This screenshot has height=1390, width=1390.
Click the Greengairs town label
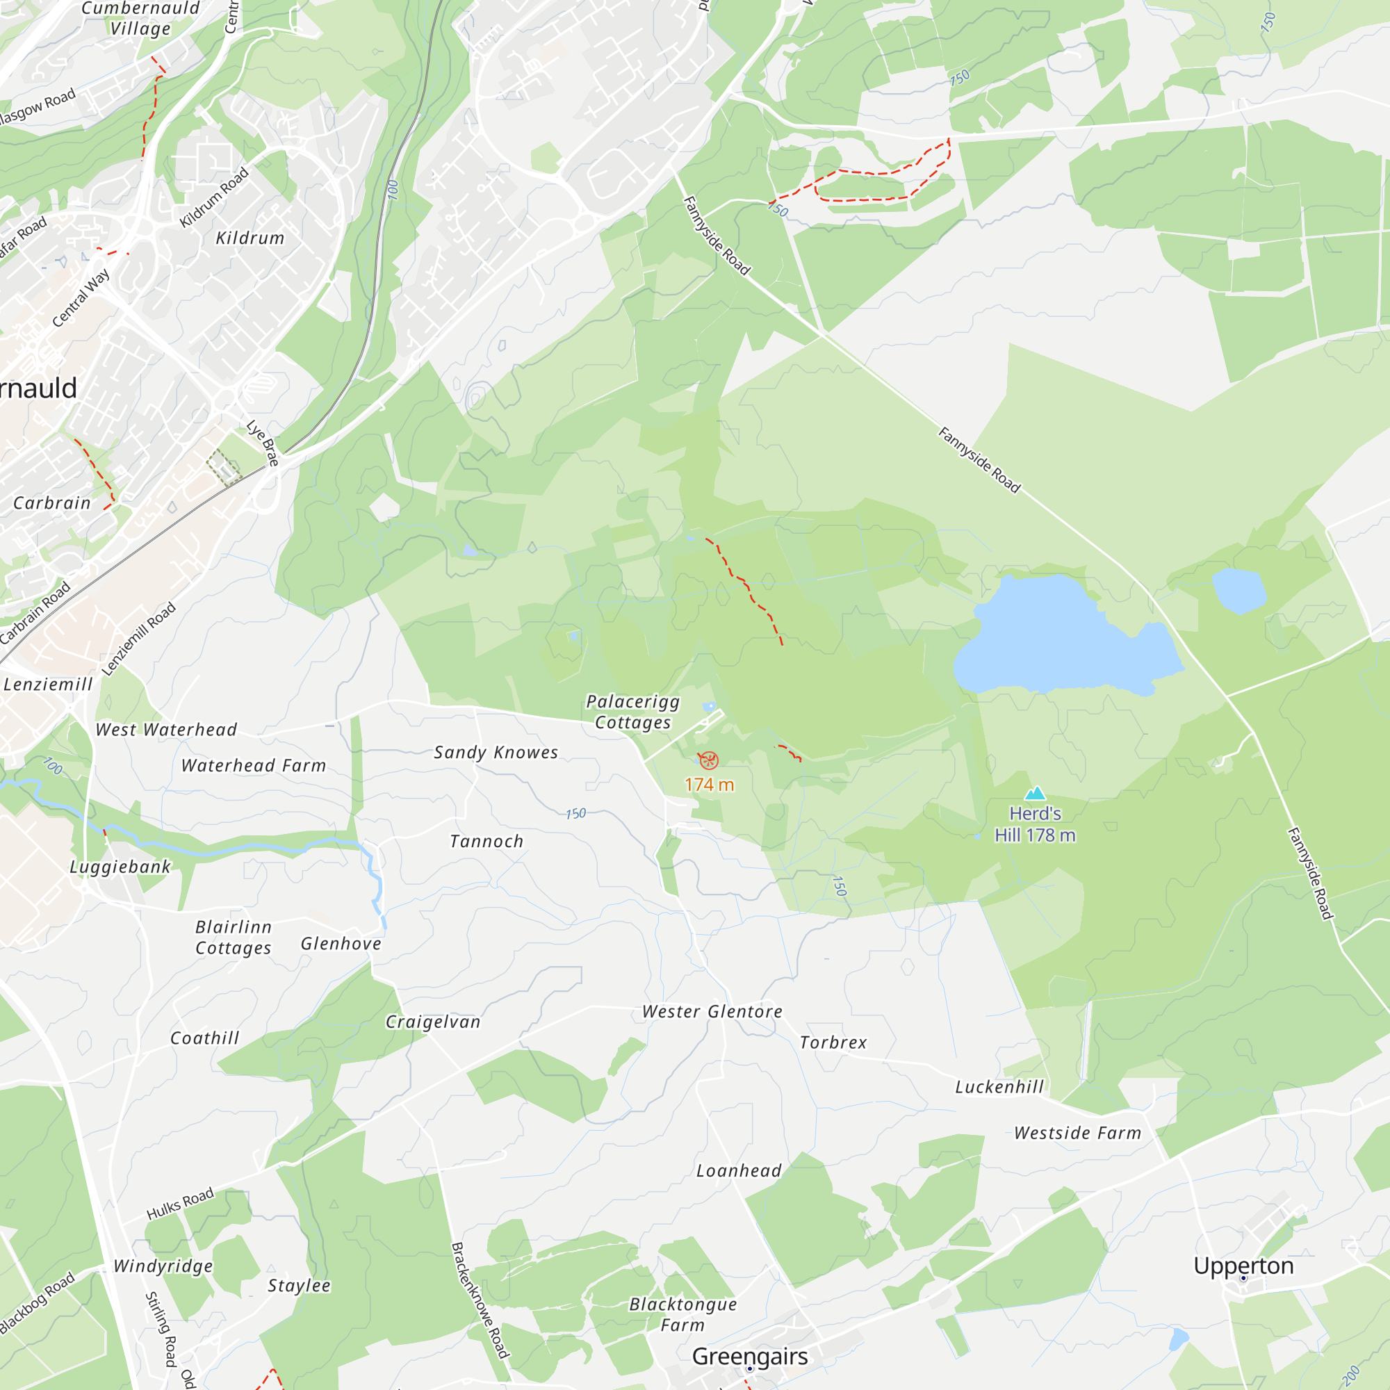click(749, 1356)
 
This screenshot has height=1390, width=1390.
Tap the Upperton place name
click(1243, 1266)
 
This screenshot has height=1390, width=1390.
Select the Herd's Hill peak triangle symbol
click(1036, 793)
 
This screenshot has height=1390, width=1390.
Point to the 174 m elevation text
click(710, 785)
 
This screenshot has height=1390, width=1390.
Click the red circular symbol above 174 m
click(709, 760)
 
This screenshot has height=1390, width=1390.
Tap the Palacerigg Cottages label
click(633, 712)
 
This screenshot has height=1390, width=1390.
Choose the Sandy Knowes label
click(496, 753)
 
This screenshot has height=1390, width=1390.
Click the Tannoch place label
click(486, 841)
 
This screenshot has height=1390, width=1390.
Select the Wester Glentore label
click(712, 1011)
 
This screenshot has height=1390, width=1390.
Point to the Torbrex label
click(833, 1042)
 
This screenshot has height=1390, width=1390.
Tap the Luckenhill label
click(999, 1087)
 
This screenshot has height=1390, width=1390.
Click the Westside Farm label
click(1077, 1133)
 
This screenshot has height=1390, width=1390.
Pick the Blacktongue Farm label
click(682, 1314)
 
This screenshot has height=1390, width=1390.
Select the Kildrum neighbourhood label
click(250, 238)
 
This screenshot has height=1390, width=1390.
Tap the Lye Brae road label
click(263, 443)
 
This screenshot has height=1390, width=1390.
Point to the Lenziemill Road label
click(139, 639)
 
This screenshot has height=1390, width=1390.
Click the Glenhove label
click(341, 943)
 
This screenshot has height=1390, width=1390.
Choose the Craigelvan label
click(433, 1022)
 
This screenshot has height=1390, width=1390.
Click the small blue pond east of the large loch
click(1239, 590)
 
